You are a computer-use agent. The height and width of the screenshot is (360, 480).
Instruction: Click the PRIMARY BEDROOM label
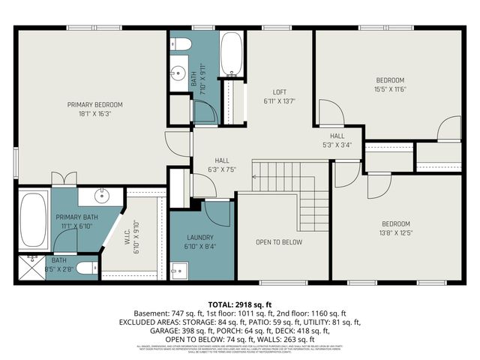(x=94, y=104)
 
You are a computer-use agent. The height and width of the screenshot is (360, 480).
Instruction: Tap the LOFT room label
(x=280, y=92)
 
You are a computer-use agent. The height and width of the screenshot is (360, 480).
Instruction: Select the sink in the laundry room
(x=178, y=270)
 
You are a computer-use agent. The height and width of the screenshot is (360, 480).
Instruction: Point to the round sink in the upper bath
(x=178, y=73)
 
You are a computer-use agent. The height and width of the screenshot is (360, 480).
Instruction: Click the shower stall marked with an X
(x=31, y=267)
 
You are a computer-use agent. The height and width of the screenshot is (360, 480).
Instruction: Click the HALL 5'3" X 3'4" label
(x=337, y=140)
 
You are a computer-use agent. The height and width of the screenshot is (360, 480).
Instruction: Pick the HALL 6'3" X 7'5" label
(x=223, y=165)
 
